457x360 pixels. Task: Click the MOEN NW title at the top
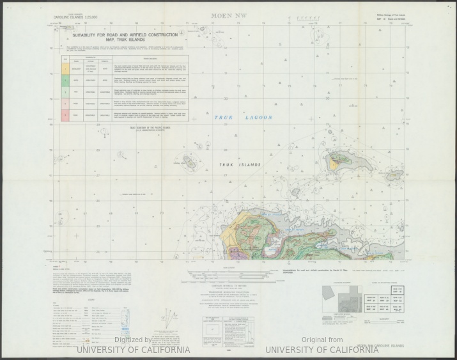click(228, 12)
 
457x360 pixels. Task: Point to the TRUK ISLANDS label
click(240, 165)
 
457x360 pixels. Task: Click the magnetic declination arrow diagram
click(168, 315)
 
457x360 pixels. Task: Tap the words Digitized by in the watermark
click(133, 340)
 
